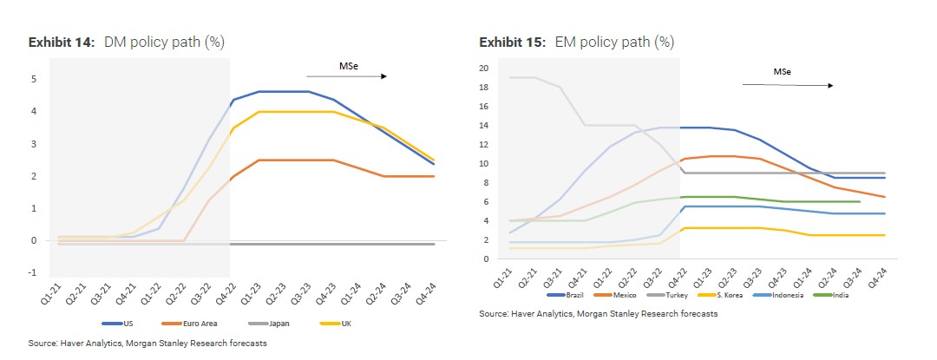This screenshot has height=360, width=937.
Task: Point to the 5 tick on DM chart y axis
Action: click(34, 79)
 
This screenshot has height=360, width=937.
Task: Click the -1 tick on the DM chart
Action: click(32, 272)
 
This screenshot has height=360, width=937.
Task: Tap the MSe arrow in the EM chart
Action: click(788, 85)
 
